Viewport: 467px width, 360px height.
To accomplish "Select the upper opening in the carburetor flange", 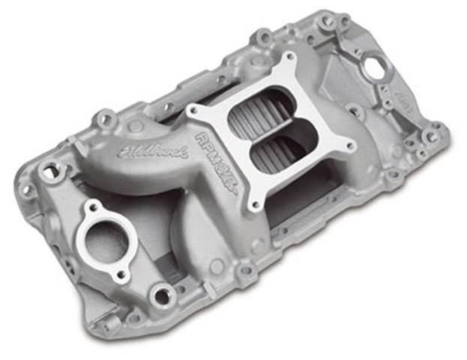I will (x=258, y=112).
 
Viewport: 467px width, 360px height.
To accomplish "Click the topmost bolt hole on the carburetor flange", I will (x=287, y=59).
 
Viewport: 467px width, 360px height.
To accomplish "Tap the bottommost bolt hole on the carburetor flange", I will (x=256, y=202).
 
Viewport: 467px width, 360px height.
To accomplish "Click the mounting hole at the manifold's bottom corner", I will (x=161, y=296).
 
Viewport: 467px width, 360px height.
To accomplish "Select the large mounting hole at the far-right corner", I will (x=432, y=137).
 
